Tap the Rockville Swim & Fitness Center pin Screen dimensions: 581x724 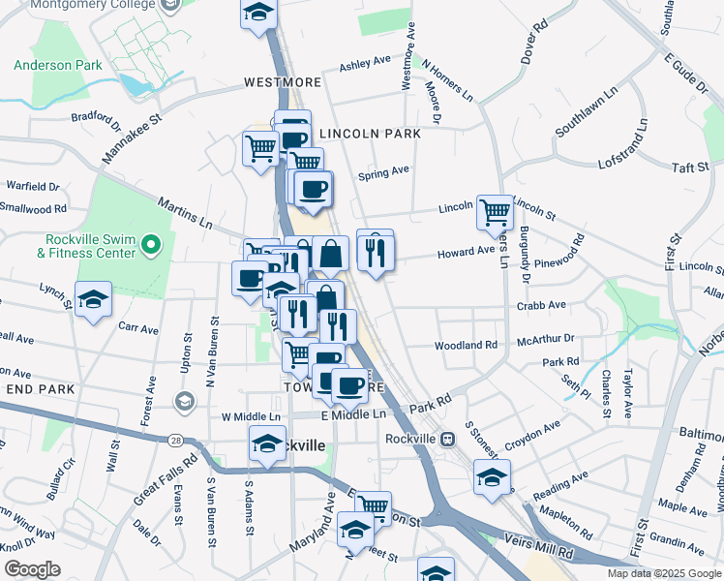click(150, 246)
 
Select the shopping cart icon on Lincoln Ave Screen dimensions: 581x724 click(495, 210)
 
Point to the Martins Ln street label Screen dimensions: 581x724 click(186, 212)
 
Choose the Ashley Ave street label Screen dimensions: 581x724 click(365, 64)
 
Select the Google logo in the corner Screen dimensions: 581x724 click(32, 568)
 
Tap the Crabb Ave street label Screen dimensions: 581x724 click(541, 305)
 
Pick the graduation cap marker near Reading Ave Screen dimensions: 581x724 click(492, 476)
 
